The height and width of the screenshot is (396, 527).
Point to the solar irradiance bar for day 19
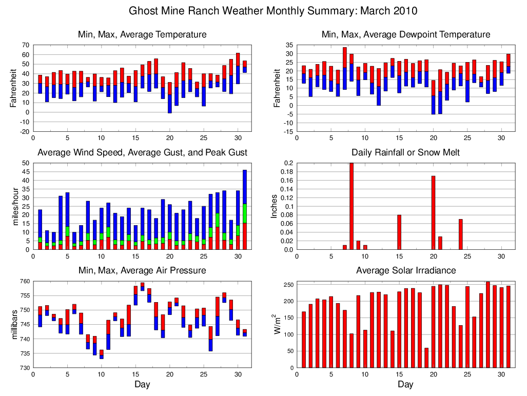426,358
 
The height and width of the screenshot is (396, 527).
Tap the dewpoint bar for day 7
345,68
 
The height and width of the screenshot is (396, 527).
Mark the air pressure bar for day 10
102,354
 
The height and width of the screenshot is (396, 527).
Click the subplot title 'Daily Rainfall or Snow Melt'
405,152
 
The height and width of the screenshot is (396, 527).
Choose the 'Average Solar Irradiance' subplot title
405,270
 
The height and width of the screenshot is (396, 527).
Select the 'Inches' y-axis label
275,207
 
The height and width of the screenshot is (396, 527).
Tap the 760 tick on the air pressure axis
24,281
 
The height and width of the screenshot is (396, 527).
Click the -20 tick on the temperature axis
24,131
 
